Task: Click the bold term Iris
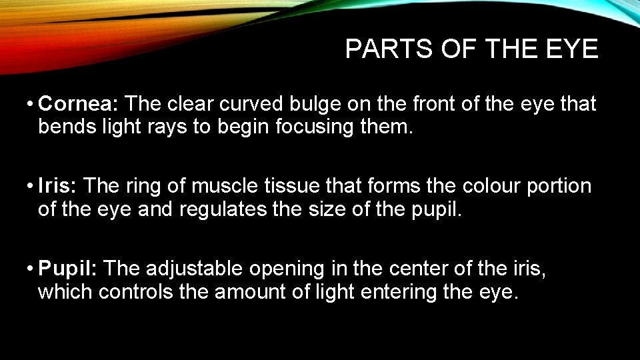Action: pyautogui.click(x=59, y=186)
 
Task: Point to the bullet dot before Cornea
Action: pyautogui.click(x=31, y=104)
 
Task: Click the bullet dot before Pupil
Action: pyautogui.click(x=31, y=269)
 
